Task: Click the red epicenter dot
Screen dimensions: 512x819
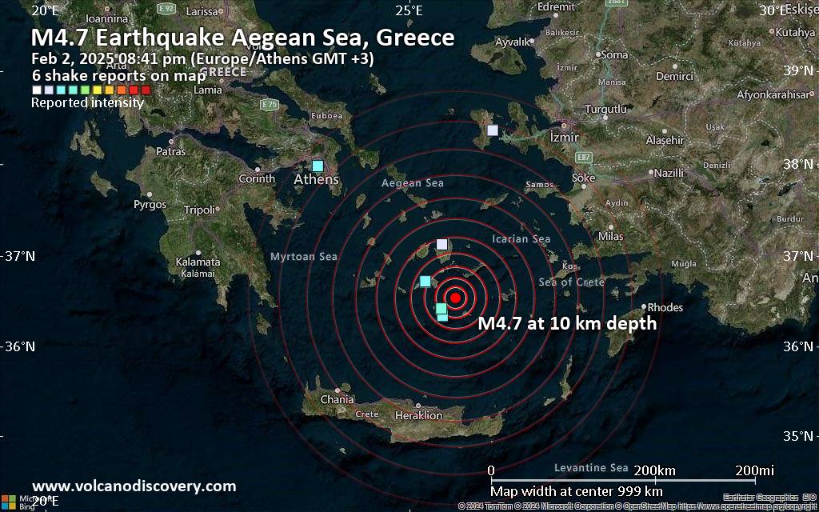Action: pos(454,298)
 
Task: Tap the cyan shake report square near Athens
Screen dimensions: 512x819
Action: pos(318,166)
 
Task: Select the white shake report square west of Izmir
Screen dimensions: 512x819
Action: pos(493,130)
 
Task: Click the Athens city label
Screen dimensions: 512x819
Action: pos(316,180)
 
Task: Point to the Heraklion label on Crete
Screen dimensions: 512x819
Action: pos(418,416)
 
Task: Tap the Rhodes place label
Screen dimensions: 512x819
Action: pos(665,307)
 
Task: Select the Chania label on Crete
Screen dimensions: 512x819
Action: pos(337,400)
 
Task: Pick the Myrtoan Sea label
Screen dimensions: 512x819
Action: pos(304,257)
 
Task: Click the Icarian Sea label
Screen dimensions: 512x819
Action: pos(521,239)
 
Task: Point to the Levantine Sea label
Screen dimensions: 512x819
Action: pos(591,467)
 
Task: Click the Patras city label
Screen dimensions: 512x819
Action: pos(170,151)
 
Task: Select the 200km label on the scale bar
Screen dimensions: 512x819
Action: pos(655,470)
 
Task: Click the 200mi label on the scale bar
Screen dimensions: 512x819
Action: pos(755,470)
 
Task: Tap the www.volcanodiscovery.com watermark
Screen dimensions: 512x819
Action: pos(134,486)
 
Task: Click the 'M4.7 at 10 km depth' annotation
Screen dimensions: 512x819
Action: pos(567,324)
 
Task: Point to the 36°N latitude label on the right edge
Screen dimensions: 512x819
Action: pos(801,346)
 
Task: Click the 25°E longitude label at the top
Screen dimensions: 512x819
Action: pos(409,10)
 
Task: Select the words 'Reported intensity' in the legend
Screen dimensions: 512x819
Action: pos(87,102)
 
